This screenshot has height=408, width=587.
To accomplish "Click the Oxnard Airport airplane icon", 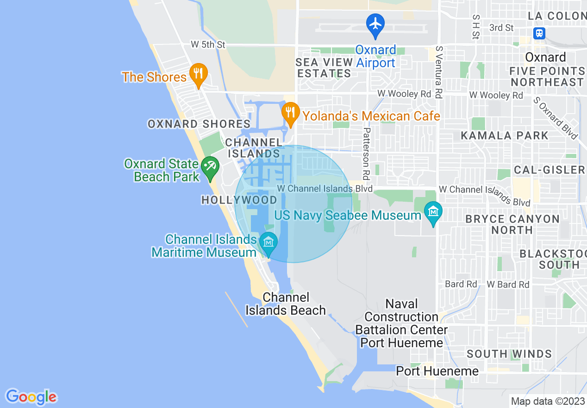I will [x=375, y=24].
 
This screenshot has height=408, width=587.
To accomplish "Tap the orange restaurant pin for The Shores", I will [x=198, y=74].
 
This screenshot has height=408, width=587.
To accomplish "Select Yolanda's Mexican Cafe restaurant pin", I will [x=290, y=113].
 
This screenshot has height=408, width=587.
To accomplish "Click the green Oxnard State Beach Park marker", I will [x=210, y=166].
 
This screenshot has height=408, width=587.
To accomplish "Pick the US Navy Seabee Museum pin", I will [x=433, y=213].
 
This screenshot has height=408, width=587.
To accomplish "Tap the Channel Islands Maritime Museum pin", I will [x=268, y=242].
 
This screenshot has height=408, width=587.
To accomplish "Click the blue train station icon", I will [x=539, y=33].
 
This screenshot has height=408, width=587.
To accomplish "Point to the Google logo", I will [x=31, y=396].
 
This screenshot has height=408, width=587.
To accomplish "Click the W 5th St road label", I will [x=208, y=45].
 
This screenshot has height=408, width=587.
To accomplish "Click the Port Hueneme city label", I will [x=437, y=371].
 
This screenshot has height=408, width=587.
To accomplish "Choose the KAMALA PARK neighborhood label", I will [x=505, y=136].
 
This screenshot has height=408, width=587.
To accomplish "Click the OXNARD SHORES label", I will [x=199, y=124].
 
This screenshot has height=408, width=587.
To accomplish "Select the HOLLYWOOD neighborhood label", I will [x=239, y=200].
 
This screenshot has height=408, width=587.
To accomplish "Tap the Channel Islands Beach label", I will [x=286, y=304].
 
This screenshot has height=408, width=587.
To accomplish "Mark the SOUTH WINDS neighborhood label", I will [x=509, y=354].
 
